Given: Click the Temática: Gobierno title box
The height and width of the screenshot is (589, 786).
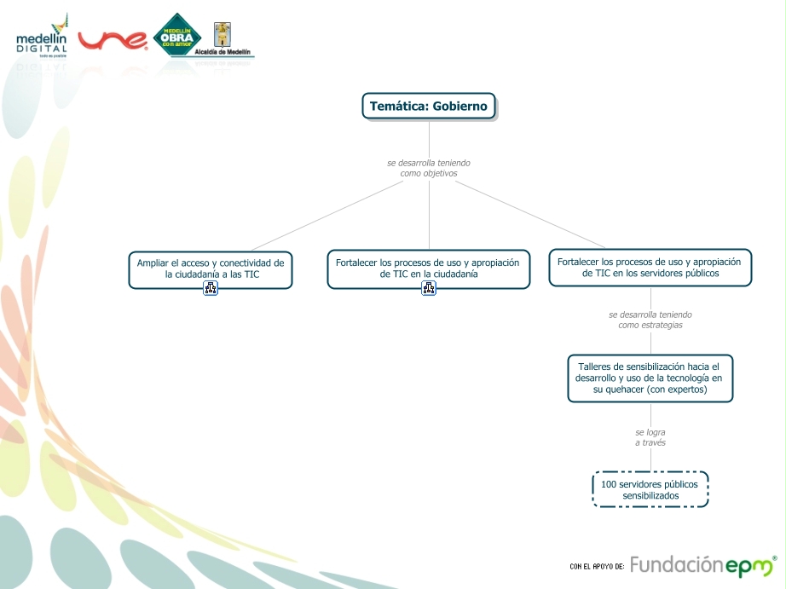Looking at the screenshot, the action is pos(428,106).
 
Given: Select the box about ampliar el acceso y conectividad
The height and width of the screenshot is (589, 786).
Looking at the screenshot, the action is pos(211,269).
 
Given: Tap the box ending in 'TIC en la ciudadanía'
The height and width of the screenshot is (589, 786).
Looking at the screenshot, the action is pos(428,269).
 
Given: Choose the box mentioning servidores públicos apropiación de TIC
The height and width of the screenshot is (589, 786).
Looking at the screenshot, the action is pos(650,268).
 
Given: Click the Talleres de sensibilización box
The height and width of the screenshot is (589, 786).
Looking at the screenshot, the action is pos(650,378).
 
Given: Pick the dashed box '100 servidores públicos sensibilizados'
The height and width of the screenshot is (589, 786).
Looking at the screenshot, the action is pos(650,489).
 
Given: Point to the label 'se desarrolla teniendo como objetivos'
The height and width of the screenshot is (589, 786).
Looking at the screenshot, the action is pos(428,168).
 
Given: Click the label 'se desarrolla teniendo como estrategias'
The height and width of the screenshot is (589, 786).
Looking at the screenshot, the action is pos(650,320).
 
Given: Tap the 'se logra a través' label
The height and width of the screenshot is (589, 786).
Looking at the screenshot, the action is pos(650,437).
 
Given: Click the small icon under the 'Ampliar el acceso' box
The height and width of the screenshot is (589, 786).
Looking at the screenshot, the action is pos(211,288).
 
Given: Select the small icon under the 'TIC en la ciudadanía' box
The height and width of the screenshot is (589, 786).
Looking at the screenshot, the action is pos(429,288).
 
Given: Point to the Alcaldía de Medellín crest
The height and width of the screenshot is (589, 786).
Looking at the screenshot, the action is pos(223,36).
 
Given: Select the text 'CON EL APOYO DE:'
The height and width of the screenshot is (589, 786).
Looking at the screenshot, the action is pos(597,566).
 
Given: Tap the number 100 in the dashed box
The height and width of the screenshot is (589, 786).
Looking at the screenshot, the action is pos(609,484).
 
